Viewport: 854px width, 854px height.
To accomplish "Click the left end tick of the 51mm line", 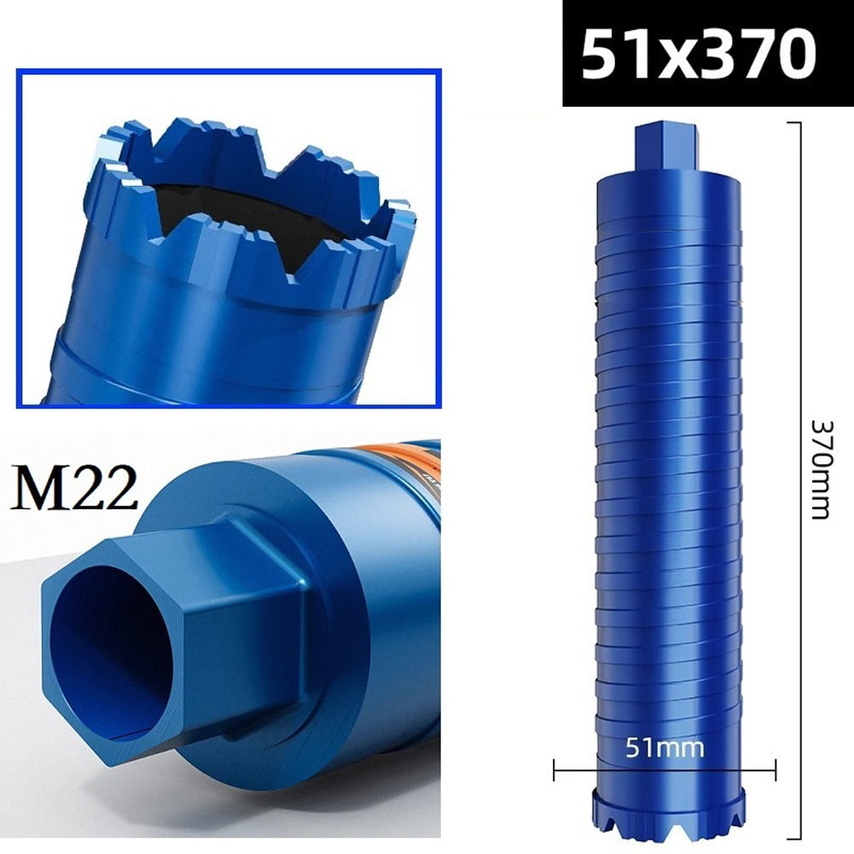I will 555,771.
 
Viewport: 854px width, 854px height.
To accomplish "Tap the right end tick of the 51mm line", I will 775,771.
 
